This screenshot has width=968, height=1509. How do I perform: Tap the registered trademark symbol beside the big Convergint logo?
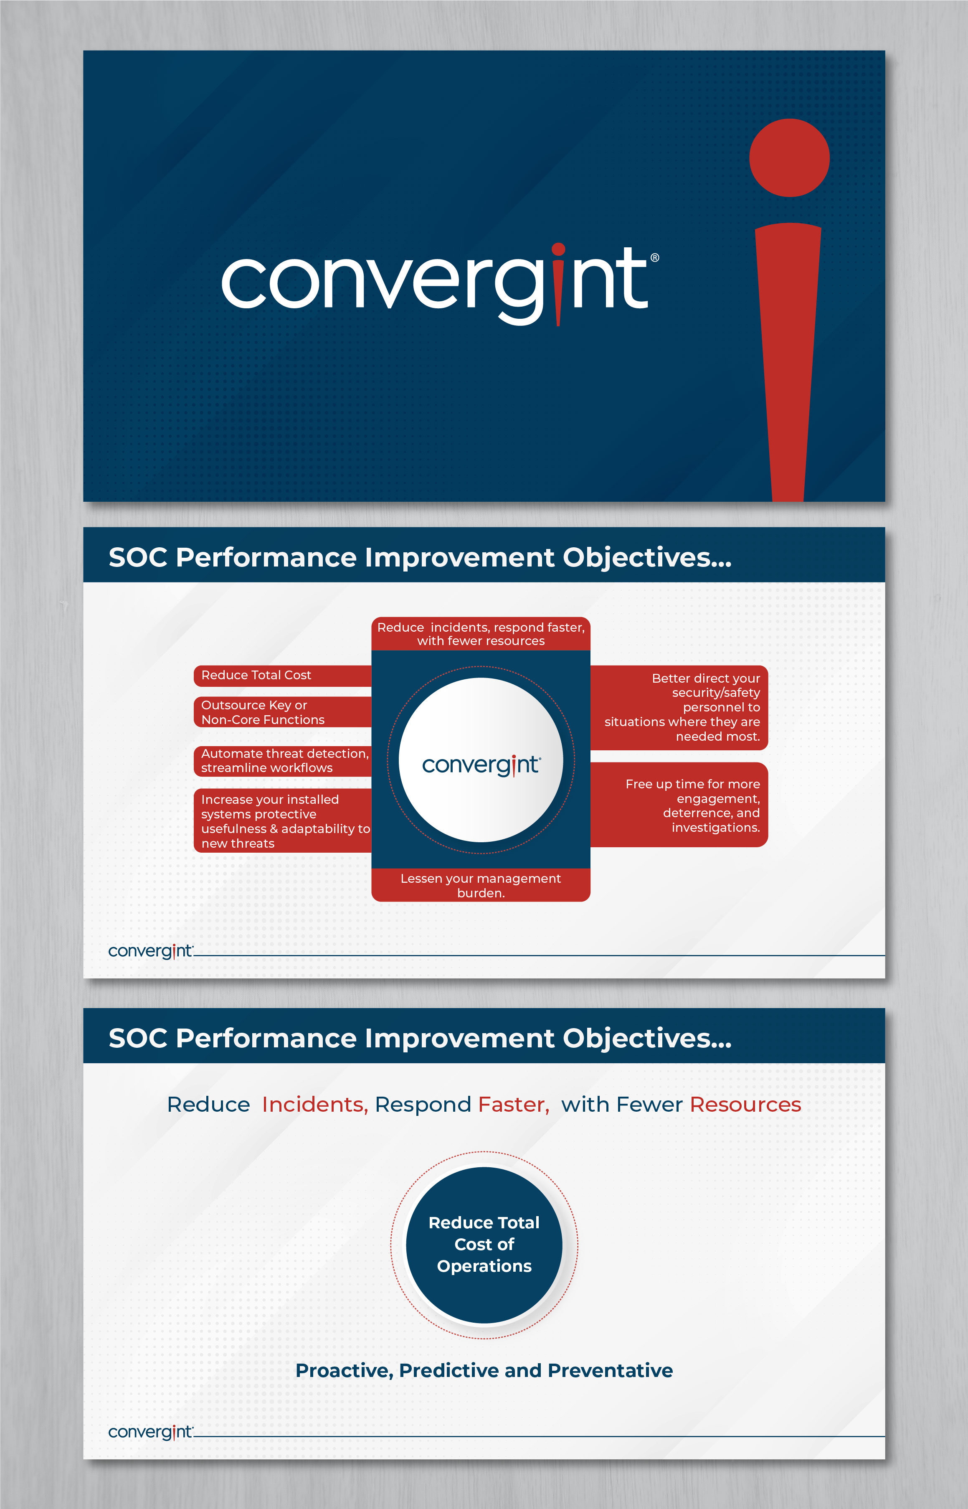coord(654,258)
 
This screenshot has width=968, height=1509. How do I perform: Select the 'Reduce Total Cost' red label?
coord(282,675)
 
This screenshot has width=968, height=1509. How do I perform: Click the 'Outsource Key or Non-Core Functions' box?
coord(282,712)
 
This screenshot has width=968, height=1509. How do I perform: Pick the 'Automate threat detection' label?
coord(282,761)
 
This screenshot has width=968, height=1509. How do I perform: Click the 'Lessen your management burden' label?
coord(481,885)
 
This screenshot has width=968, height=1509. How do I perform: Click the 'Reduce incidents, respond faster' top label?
coord(481,634)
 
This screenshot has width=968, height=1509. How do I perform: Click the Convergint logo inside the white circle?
coord(481,765)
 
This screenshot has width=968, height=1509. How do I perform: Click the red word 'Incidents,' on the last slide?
coord(314,1105)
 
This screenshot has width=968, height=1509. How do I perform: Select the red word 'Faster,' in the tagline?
coord(513,1105)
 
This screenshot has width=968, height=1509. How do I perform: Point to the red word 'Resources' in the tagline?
coord(745,1105)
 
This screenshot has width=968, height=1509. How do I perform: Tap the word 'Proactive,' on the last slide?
coord(345,1371)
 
